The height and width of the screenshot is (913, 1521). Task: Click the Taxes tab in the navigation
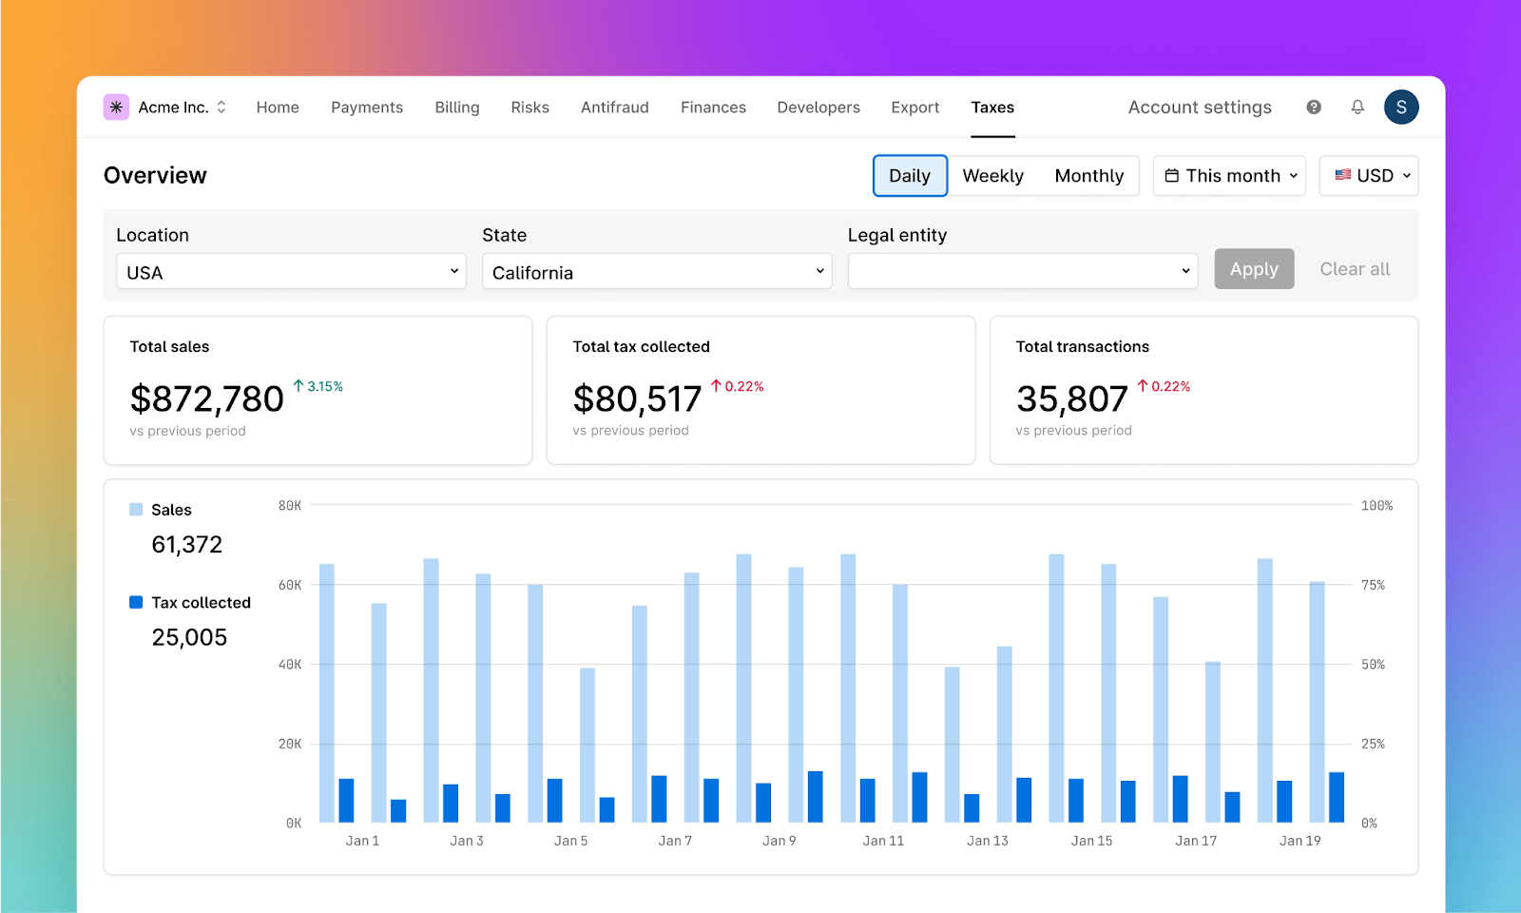992,107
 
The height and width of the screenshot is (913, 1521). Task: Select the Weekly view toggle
992,176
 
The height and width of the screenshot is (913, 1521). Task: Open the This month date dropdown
1229,176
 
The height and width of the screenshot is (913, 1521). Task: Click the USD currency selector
1369,176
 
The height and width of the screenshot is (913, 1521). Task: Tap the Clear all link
1354,269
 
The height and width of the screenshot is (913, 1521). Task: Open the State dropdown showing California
657,272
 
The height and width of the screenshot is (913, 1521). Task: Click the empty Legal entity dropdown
1022,272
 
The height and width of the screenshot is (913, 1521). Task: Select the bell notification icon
1357,107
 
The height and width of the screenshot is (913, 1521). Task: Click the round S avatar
1401,107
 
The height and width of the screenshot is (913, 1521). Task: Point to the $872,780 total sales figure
207,399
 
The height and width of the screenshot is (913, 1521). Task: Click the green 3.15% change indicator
318,386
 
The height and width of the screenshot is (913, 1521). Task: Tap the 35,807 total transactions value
1071,399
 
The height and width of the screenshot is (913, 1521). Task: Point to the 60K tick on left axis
290,585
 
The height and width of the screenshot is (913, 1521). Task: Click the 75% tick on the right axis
1373,585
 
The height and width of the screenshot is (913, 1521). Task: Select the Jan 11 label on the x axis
883,841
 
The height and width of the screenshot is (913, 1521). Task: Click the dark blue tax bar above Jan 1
346,801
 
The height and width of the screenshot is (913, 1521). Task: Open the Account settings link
1200,107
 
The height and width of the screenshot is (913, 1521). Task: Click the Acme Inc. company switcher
166,107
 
